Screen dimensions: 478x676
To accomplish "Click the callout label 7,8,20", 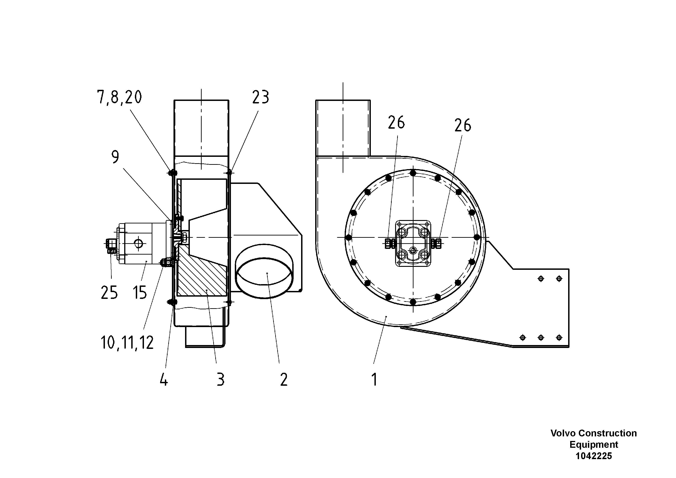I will pos(119,97).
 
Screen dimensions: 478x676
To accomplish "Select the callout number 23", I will pos(260,97).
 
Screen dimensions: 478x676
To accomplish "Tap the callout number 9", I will pos(115,157).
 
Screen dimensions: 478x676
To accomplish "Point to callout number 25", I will pos(109,293).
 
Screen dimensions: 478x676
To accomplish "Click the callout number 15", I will pos(140,293).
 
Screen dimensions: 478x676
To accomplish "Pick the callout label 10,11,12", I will pos(127,343).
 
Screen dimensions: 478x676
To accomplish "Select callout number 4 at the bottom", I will pos(164,380).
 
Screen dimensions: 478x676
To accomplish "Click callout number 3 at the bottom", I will pos(220,380).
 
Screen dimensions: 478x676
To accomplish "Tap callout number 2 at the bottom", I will pos(284,380).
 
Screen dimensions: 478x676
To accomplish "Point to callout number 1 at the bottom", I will pos(374,380).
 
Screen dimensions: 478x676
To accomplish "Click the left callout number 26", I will pos(396,123).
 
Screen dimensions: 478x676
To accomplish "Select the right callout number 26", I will pos(463,125).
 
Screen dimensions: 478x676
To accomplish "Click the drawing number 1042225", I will pos(594,456).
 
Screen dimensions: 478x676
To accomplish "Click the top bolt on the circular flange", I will pos(413,173).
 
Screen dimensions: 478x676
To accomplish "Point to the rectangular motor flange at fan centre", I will pos(413,244).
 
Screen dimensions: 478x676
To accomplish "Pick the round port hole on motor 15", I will pos(138,243).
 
